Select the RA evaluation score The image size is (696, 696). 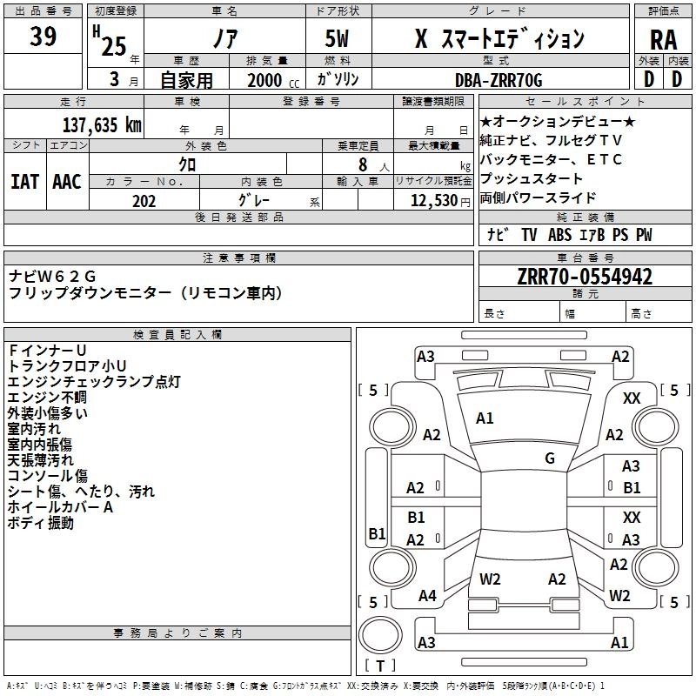click(663, 41)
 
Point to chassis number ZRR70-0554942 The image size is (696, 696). click(584, 278)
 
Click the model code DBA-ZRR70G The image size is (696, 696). click(499, 80)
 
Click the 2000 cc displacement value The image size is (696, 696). click(266, 81)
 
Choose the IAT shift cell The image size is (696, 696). click(24, 182)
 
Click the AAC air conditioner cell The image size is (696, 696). click(67, 182)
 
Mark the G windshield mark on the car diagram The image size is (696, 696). click(550, 458)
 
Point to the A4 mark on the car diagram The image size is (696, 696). click(427, 596)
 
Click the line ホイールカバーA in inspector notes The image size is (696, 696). click(61, 507)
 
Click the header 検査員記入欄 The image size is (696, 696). click(177, 335)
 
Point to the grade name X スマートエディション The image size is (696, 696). click(499, 40)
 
